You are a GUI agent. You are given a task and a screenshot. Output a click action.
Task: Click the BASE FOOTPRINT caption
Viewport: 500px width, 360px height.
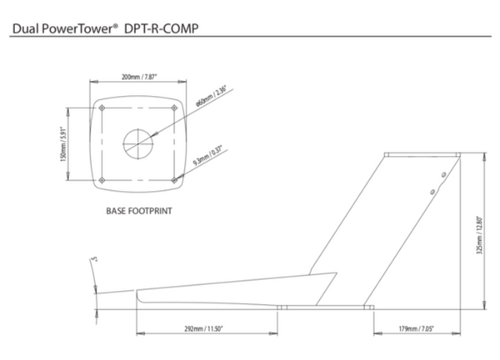pos(138,211)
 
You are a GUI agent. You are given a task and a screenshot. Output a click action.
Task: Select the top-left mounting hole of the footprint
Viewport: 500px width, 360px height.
pos(102,107)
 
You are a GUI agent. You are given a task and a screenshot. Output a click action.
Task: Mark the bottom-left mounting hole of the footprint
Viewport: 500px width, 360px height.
pos(102,178)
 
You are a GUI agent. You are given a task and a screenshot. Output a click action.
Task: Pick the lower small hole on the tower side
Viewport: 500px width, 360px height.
pos(432,192)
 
